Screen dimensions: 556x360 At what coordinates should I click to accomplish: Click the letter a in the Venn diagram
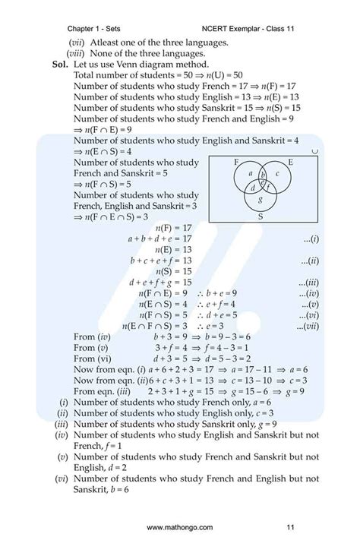point(251,173)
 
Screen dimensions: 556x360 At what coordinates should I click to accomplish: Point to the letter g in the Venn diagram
point(261,200)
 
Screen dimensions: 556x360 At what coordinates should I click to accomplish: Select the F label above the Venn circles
point(238,163)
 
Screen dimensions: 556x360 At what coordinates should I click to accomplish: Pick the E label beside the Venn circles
point(291,163)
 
